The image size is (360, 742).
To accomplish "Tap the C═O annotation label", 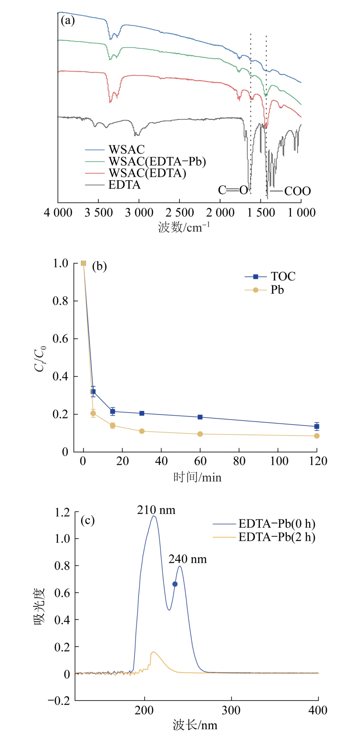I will [x=233, y=190].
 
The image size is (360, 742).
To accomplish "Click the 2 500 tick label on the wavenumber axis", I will [x=179, y=212].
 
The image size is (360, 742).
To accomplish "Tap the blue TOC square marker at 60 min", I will [x=200, y=417].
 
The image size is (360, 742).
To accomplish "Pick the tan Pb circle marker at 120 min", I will [x=317, y=436].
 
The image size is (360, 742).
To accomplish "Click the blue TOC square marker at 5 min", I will [x=93, y=392].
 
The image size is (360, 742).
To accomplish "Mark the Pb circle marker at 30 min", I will [x=142, y=431].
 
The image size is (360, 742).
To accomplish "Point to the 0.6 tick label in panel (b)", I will [x=60, y=339].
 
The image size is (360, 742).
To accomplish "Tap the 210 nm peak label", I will [x=156, y=510].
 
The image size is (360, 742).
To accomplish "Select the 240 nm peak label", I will [x=187, y=559].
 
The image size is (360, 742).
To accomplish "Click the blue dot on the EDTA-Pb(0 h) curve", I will [x=175, y=584].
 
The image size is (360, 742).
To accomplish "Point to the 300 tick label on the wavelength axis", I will [x=231, y=710].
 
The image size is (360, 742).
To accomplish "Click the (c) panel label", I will [x=88, y=520].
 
